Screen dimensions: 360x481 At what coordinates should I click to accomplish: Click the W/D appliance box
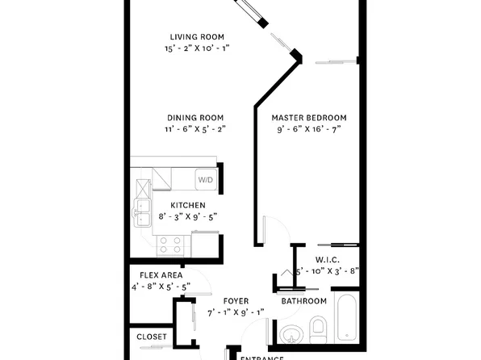(x=206, y=179)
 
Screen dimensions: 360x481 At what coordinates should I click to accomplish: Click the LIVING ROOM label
(x=196, y=36)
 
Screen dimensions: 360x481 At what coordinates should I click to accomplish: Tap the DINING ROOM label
(x=196, y=117)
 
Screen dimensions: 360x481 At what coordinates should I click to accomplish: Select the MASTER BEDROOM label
(x=309, y=117)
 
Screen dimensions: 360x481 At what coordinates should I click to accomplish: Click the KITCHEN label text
(x=187, y=205)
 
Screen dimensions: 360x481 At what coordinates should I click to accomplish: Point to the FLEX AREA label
(x=160, y=274)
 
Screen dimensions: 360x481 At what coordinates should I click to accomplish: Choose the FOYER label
(x=235, y=300)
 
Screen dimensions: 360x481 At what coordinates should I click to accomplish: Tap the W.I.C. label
(x=327, y=259)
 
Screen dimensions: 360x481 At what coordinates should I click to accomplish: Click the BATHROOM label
(x=303, y=301)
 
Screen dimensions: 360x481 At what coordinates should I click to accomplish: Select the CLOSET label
(x=151, y=337)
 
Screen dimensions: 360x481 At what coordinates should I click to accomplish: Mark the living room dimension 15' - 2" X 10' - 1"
(x=196, y=48)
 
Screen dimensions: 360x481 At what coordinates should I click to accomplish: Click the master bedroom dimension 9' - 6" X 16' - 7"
(x=309, y=128)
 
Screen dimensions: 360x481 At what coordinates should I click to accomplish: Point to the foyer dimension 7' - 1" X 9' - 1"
(x=235, y=312)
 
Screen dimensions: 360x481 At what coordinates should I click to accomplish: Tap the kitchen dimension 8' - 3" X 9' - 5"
(x=187, y=216)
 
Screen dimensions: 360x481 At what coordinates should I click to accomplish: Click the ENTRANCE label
(x=262, y=357)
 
